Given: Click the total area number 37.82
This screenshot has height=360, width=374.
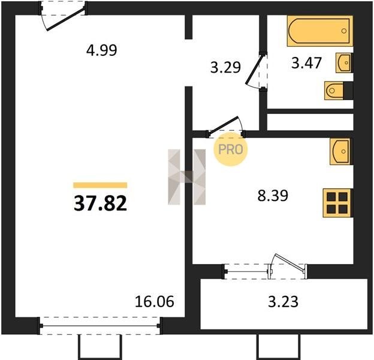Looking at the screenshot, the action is (x=100, y=203).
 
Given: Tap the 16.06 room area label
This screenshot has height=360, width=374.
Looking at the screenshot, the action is (x=154, y=301).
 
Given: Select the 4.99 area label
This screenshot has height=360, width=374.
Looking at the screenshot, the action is (x=102, y=50).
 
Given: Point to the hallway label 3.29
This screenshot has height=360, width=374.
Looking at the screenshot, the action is (x=225, y=67).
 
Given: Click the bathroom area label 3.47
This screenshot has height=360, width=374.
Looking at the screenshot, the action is (x=306, y=63).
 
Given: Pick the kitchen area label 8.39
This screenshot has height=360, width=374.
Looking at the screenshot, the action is (x=273, y=196).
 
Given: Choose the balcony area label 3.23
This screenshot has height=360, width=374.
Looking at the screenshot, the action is (x=283, y=302).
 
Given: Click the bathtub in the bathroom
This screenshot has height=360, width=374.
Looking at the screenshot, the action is (x=320, y=31).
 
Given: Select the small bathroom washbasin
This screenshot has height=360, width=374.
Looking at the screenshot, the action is (x=343, y=62).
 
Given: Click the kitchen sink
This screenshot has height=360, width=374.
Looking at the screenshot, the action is (x=341, y=151).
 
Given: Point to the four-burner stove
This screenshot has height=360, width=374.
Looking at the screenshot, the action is (x=337, y=203).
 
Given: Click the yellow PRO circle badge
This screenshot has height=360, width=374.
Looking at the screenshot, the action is (x=231, y=149).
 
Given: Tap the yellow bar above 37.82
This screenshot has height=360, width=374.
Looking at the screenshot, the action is (x=100, y=185).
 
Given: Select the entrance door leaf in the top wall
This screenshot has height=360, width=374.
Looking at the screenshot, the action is (x=66, y=19).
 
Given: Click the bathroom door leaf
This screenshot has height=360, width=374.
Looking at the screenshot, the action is (x=255, y=69).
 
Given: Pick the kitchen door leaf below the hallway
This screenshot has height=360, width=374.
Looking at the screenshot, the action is (x=223, y=125).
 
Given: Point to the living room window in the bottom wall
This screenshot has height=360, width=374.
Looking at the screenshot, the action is (x=100, y=326).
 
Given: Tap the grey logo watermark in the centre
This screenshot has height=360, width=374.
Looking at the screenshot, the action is (x=187, y=177).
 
